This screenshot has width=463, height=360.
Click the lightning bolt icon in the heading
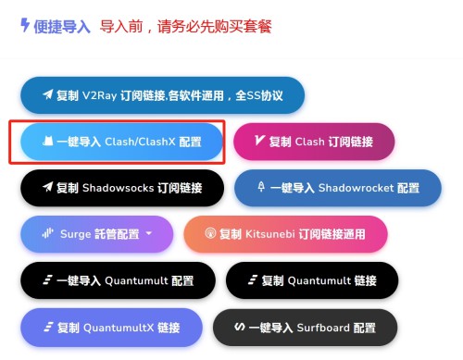pos(25,25)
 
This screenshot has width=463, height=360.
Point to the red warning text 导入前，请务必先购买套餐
pos(185,26)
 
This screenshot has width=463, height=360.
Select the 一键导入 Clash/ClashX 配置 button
pos(121,142)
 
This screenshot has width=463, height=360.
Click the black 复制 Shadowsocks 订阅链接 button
pos(123,187)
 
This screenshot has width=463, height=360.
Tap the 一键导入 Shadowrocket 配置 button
pos(337,187)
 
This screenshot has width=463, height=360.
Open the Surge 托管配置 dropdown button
pos(96,234)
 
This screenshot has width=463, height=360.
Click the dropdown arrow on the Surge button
pos(148,234)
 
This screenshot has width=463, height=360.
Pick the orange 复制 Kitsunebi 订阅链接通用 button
pos(285,234)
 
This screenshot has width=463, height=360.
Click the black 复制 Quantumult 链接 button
pos(311,280)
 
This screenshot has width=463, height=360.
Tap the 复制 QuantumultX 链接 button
pos(110,327)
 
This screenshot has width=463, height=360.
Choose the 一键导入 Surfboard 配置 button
pos(305,327)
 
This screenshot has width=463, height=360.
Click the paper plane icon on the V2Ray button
pos(46,94)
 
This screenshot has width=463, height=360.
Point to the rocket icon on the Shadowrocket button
pos(260,187)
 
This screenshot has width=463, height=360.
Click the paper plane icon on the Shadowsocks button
pos(46,187)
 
